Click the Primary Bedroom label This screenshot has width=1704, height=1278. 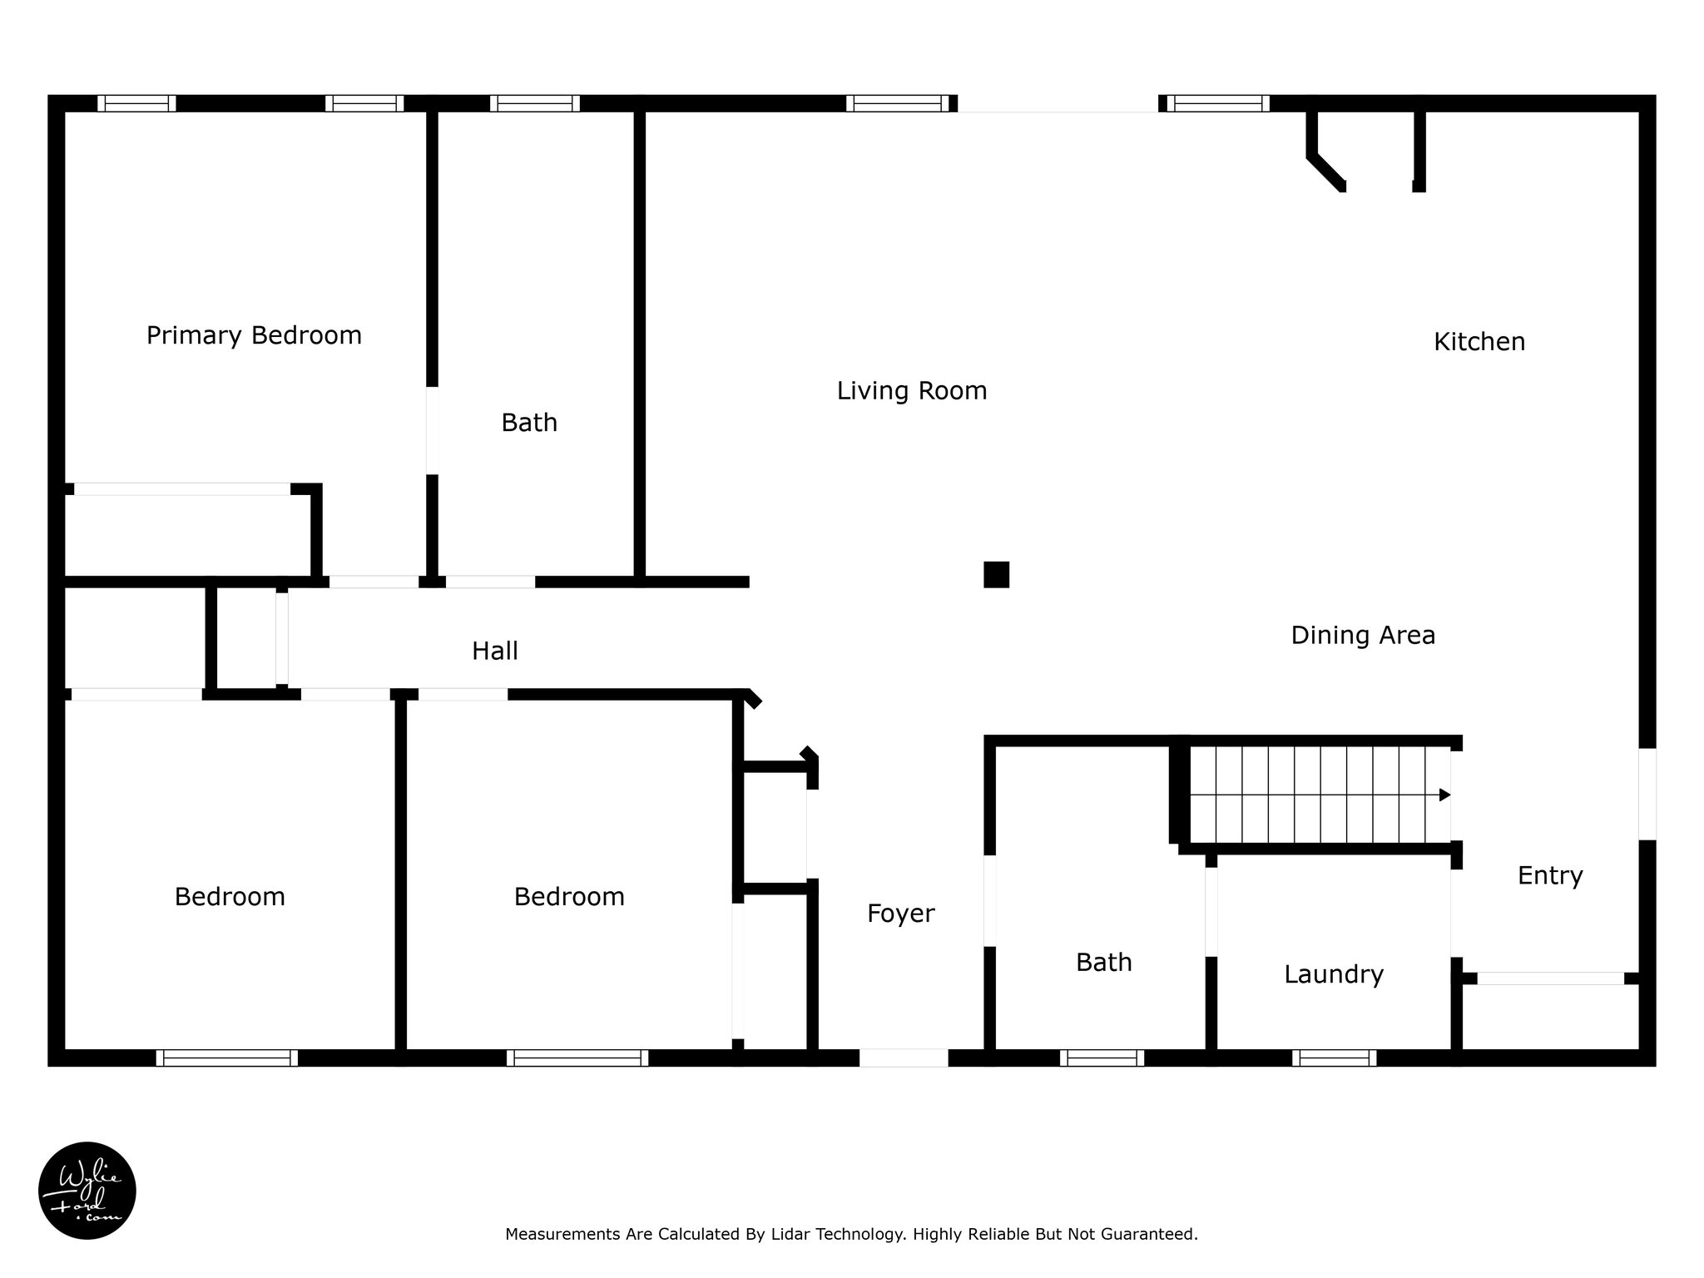(x=254, y=335)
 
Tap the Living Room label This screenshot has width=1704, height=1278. (x=912, y=390)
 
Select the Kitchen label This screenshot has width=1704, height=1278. (x=1479, y=342)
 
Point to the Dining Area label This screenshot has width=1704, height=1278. (x=1363, y=636)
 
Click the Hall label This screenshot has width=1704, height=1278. (x=495, y=651)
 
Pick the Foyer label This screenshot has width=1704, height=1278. (x=900, y=914)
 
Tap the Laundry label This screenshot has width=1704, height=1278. (x=1334, y=974)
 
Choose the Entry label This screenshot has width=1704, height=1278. (x=1550, y=875)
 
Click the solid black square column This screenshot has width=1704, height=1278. (x=996, y=575)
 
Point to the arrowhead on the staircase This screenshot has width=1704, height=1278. (x=1445, y=795)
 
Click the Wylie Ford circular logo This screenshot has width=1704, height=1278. (x=87, y=1191)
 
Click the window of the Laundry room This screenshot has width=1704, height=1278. (x=1334, y=1058)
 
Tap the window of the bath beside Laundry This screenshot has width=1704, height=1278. (x=1102, y=1058)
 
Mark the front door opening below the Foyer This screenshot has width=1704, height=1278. (x=904, y=1058)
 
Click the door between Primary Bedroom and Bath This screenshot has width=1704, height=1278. (x=433, y=431)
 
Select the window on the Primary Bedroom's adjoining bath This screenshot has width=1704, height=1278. (x=534, y=103)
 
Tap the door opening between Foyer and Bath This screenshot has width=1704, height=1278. (x=990, y=900)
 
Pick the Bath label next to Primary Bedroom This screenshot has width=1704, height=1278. (x=529, y=423)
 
